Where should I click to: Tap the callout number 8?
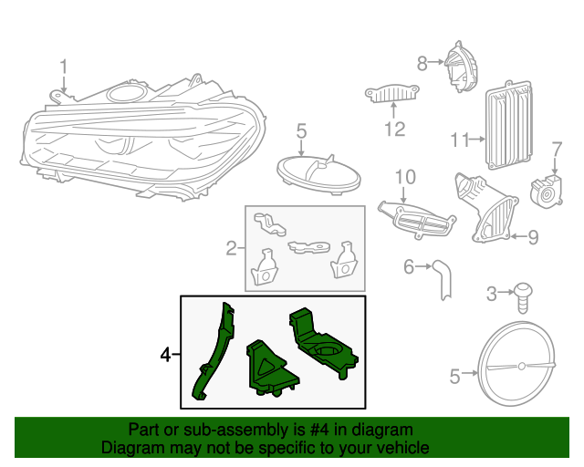coord(422,63)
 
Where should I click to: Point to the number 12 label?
coord(393,130)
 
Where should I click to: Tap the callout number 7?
coord(556,149)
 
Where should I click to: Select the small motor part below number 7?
coord(547,188)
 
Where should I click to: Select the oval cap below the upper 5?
coord(317,171)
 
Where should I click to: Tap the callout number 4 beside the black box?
coord(165,354)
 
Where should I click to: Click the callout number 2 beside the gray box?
coord(231,246)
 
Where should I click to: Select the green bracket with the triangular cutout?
coord(270,368)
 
